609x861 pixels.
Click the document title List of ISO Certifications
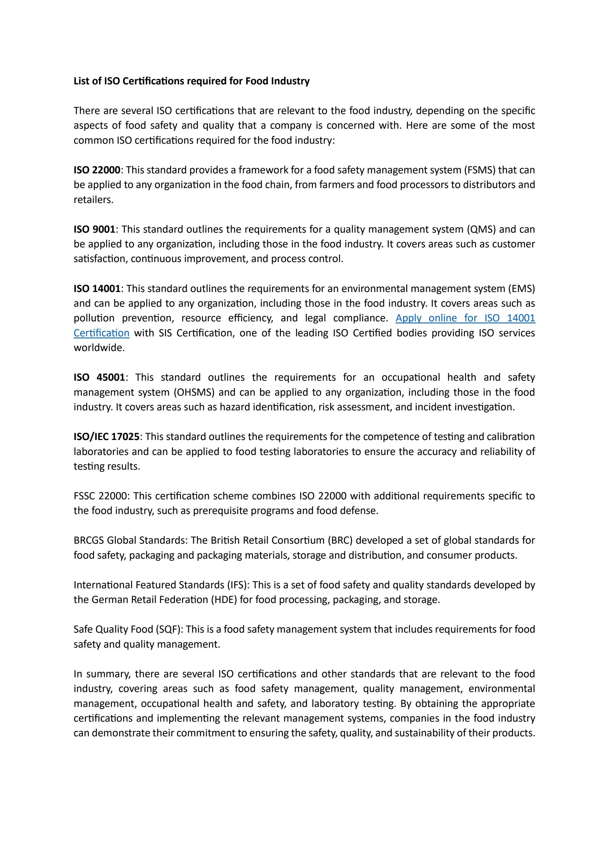pos(191,81)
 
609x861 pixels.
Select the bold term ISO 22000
pos(97,170)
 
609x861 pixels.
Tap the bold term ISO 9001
pos(94,229)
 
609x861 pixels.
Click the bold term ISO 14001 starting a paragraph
pos(97,289)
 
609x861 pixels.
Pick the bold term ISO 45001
pos(99,377)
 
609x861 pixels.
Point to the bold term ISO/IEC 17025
pos(107,437)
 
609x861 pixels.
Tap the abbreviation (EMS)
pos(521,289)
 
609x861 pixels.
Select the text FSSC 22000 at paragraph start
pos(100,496)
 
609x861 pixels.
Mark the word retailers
pos(93,200)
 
